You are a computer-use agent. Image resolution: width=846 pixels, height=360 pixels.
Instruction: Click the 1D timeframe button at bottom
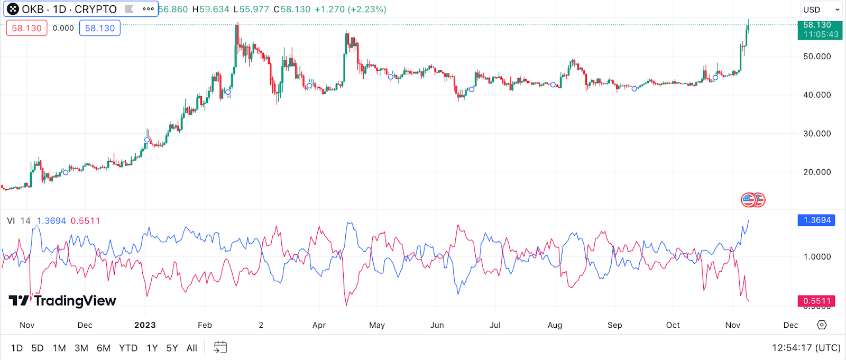pyautogui.click(x=17, y=348)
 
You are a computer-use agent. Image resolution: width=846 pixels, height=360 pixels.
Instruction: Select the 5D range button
pyautogui.click(x=38, y=348)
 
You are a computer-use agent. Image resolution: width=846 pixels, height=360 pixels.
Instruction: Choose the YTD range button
pyautogui.click(x=128, y=348)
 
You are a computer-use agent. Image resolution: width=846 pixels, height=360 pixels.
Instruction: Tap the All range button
pyautogui.click(x=192, y=348)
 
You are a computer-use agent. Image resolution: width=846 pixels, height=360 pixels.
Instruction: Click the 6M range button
pyautogui.click(x=104, y=348)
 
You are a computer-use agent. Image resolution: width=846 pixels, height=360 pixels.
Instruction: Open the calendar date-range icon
pyautogui.click(x=220, y=347)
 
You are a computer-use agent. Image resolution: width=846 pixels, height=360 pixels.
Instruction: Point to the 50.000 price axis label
pyautogui.click(x=817, y=56)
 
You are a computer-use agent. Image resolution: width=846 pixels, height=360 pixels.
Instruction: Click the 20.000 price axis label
pyautogui.click(x=817, y=172)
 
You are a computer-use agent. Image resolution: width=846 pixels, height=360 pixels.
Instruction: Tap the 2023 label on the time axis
pyautogui.click(x=145, y=325)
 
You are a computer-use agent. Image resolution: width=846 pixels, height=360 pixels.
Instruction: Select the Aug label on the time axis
pyautogui.click(x=555, y=325)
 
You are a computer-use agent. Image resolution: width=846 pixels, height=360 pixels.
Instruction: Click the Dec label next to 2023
pyautogui.click(x=85, y=325)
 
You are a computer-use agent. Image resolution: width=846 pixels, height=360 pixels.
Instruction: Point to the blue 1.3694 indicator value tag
pyautogui.click(x=816, y=220)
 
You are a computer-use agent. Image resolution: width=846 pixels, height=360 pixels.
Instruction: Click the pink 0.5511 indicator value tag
pyautogui.click(x=816, y=301)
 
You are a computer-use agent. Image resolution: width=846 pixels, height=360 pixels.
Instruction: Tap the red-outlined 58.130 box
pyautogui.click(x=26, y=28)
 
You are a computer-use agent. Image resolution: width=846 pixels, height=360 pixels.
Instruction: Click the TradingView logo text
pyautogui.click(x=63, y=301)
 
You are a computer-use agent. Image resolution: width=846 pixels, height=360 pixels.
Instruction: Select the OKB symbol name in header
pyautogui.click(x=33, y=10)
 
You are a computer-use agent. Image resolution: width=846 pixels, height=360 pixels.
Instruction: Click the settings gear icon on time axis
pyautogui.click(x=822, y=325)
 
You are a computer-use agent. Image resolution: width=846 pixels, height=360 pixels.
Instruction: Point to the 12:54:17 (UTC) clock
pyautogui.click(x=806, y=348)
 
